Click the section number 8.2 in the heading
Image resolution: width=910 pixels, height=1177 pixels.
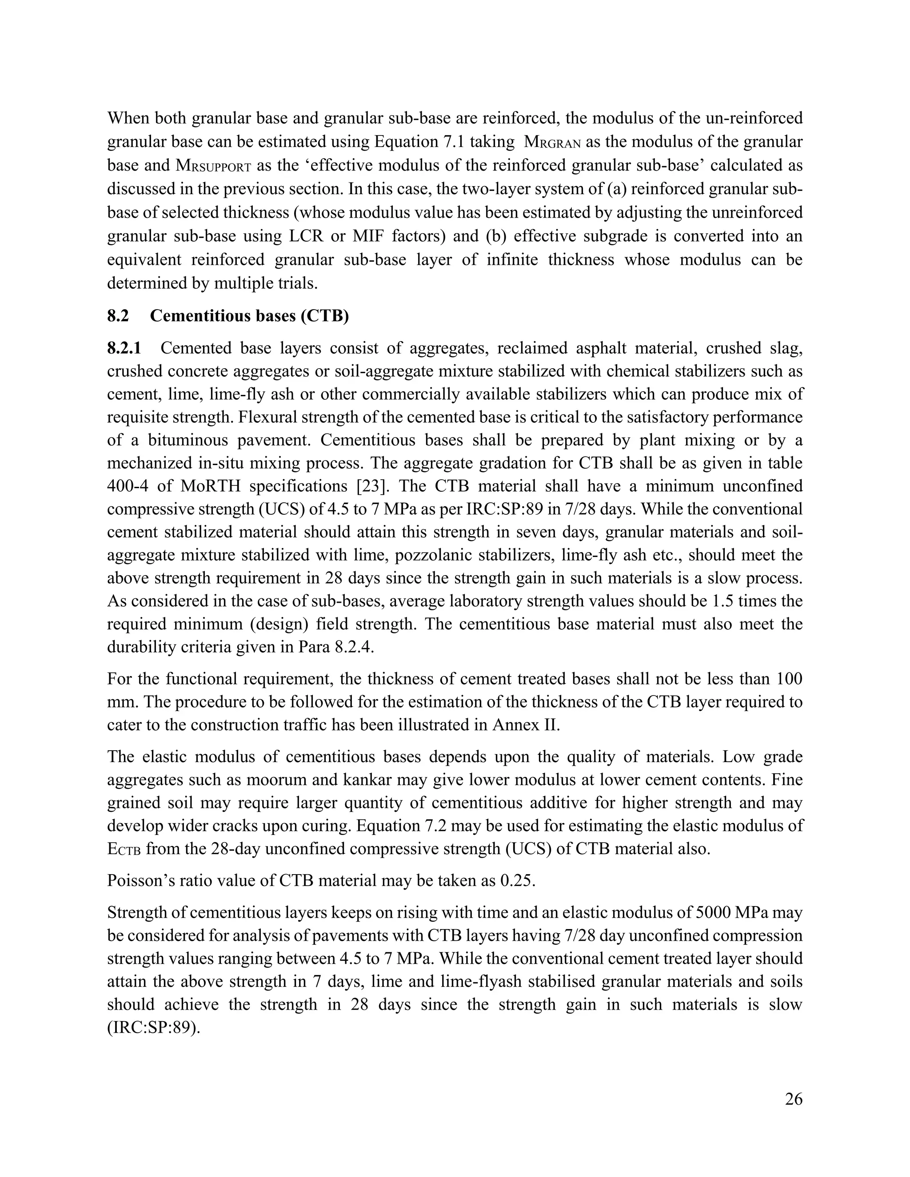[x=118, y=316]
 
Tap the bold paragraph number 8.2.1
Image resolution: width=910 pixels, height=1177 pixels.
[x=124, y=348]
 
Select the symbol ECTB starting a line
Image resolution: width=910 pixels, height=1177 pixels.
[x=124, y=849]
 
